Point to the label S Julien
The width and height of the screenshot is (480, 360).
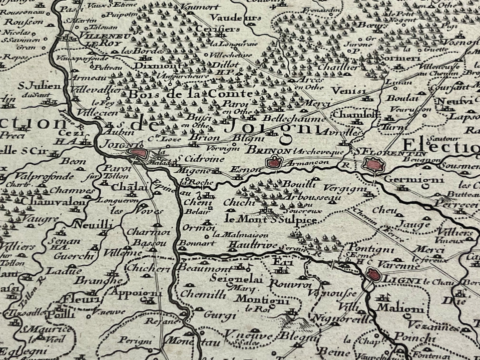click(39, 87)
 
